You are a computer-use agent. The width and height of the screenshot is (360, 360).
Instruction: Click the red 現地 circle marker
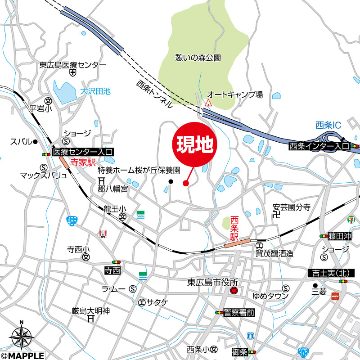pos(195,145)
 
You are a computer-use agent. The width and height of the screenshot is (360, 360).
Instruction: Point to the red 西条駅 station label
pos(234,228)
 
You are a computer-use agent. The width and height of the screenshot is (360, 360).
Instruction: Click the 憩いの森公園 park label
pos(198,58)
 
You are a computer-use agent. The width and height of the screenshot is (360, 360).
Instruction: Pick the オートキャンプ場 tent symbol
pos(208,103)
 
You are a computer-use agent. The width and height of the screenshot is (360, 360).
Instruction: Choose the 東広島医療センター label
pos(72,65)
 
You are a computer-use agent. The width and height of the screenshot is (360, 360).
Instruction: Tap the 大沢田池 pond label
pos(95,91)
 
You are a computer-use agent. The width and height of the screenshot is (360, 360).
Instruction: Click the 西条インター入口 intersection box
pos(319,146)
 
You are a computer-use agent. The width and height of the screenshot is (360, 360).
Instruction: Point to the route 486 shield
pos(72,220)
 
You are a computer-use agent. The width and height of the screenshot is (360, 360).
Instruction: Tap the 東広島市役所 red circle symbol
pos(234,292)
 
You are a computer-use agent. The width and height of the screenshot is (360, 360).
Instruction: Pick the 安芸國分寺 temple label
pos(292,207)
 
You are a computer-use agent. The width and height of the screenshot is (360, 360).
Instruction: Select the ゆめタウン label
pos(270,296)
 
